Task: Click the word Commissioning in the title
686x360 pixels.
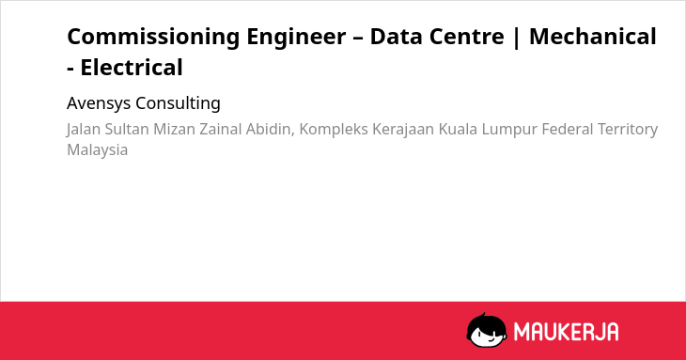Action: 153,38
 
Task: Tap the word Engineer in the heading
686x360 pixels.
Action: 296,38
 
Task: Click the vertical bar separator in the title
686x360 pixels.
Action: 517,38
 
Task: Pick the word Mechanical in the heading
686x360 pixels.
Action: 593,37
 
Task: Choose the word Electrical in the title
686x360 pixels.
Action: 132,68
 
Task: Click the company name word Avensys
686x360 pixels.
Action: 99,103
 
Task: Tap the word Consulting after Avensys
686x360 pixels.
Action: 178,103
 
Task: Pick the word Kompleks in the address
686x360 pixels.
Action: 334,130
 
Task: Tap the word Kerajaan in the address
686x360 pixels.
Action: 403,130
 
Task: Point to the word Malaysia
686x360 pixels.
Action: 97,150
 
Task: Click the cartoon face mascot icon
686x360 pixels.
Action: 487,330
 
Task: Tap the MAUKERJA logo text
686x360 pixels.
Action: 566,332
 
